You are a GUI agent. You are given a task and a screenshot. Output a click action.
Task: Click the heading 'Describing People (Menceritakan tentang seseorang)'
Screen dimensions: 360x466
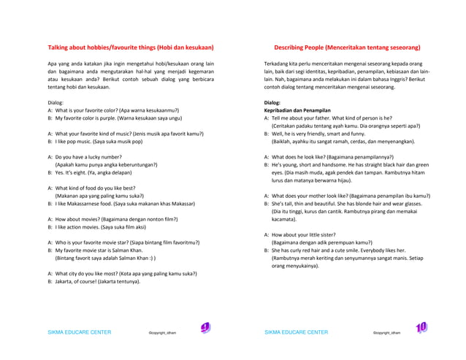click(x=347, y=47)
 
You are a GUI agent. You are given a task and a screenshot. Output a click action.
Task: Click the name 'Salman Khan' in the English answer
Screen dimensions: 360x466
click(x=128, y=250)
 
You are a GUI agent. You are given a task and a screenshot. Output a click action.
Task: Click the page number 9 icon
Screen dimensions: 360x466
click(x=205, y=329)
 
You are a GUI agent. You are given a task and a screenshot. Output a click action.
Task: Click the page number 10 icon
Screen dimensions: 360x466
click(x=421, y=329)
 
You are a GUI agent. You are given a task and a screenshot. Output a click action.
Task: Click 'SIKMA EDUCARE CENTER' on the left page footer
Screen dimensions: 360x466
click(x=79, y=332)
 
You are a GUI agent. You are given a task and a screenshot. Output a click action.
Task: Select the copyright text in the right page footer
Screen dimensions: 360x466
click(x=386, y=333)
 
